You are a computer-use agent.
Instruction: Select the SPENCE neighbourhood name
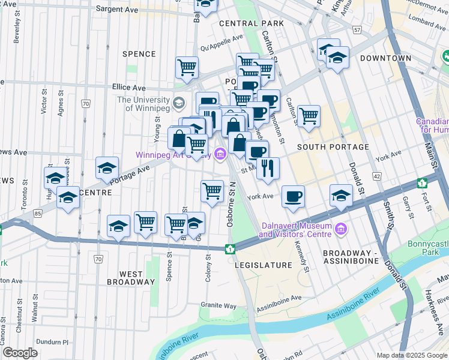tap(139, 54)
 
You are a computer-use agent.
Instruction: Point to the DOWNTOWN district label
tap(385, 58)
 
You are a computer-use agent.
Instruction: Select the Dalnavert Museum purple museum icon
tap(342, 229)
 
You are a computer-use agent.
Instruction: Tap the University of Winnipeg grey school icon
tap(178, 103)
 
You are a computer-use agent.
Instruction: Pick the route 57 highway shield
tap(357, 29)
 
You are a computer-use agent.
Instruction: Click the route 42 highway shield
tap(376, 176)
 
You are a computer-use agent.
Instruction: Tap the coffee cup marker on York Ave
tap(293, 196)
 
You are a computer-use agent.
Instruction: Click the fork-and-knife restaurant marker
tap(268, 167)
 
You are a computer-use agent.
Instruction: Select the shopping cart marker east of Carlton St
tap(309, 116)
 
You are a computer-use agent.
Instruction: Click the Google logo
tap(20, 353)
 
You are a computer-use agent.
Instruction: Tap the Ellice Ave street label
tap(129, 88)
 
